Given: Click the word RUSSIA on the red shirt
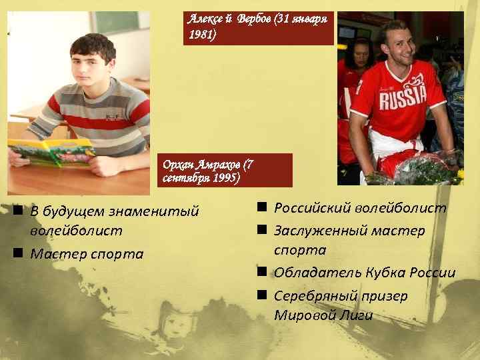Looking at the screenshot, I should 402,98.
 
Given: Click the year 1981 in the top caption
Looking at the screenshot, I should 202,33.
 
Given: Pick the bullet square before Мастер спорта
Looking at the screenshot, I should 15,253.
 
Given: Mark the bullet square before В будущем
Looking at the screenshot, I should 15,211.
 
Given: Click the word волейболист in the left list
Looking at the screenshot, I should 76,231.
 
